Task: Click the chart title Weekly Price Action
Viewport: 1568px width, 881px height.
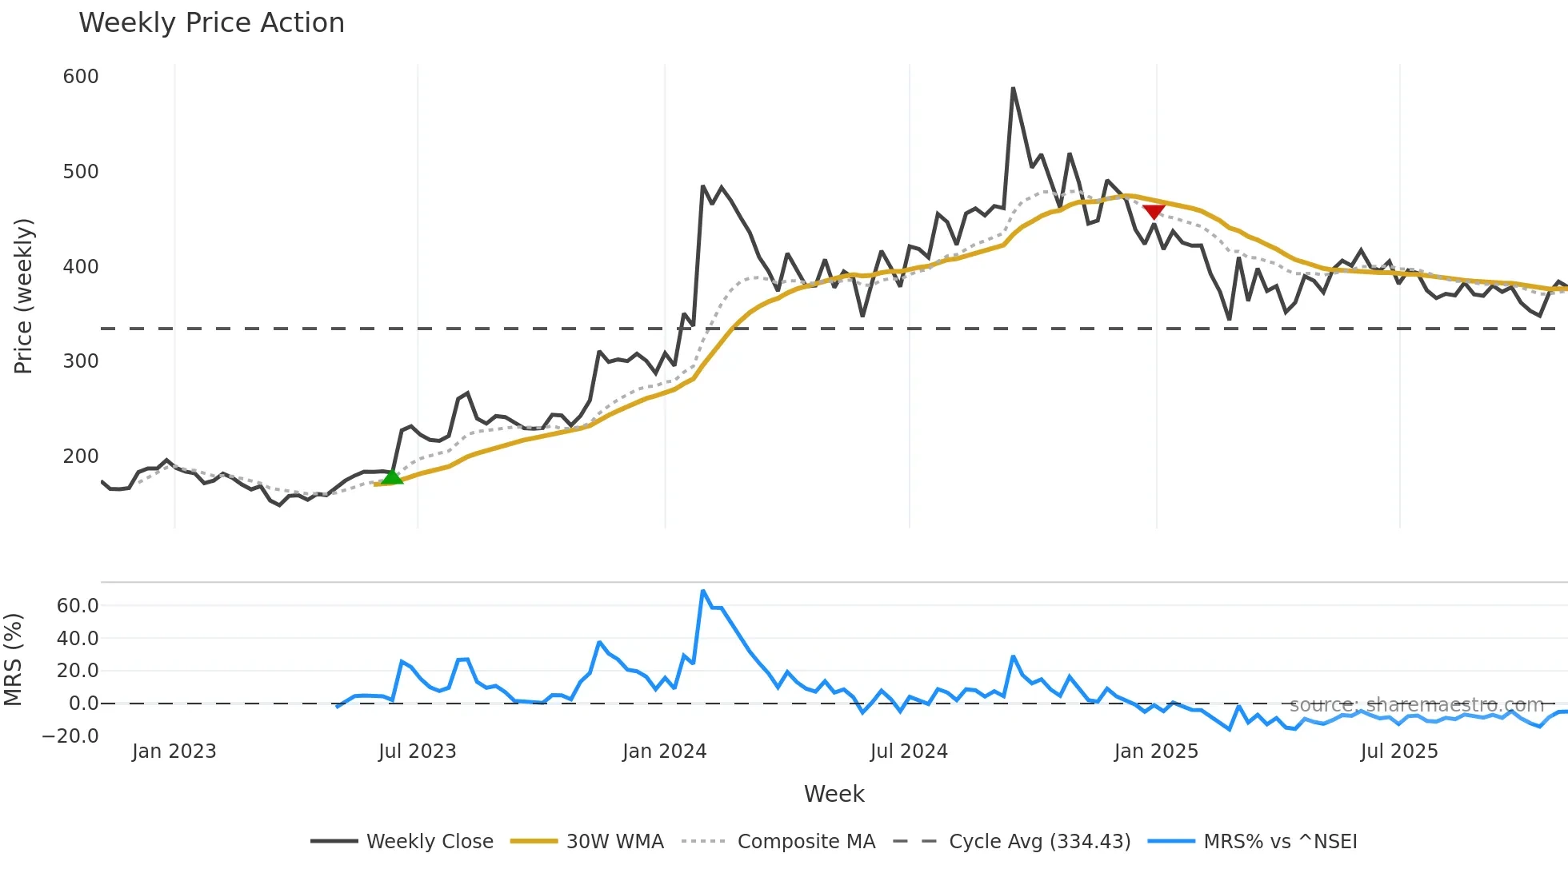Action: click(x=211, y=23)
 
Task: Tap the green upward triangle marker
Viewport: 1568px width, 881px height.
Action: click(x=391, y=477)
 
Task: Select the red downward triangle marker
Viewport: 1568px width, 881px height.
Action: click(x=1154, y=211)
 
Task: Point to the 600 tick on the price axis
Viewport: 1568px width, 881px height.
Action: click(x=81, y=77)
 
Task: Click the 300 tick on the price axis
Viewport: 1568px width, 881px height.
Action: click(x=81, y=361)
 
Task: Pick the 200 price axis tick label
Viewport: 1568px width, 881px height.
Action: click(x=81, y=456)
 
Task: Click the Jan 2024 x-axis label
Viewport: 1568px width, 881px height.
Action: click(x=664, y=751)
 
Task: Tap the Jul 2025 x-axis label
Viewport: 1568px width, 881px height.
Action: click(x=1399, y=751)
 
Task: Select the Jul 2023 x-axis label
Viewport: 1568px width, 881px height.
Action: click(x=417, y=751)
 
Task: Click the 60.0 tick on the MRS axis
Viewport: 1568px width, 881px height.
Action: click(x=78, y=606)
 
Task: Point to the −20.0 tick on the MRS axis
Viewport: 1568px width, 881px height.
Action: click(x=70, y=736)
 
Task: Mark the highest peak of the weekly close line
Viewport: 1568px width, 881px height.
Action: click(x=1013, y=88)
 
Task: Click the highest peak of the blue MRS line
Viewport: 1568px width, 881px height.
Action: click(x=702, y=591)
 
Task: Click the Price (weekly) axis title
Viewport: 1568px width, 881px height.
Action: click(x=24, y=296)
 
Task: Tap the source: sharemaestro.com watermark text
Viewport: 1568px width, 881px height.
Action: click(x=1416, y=705)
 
